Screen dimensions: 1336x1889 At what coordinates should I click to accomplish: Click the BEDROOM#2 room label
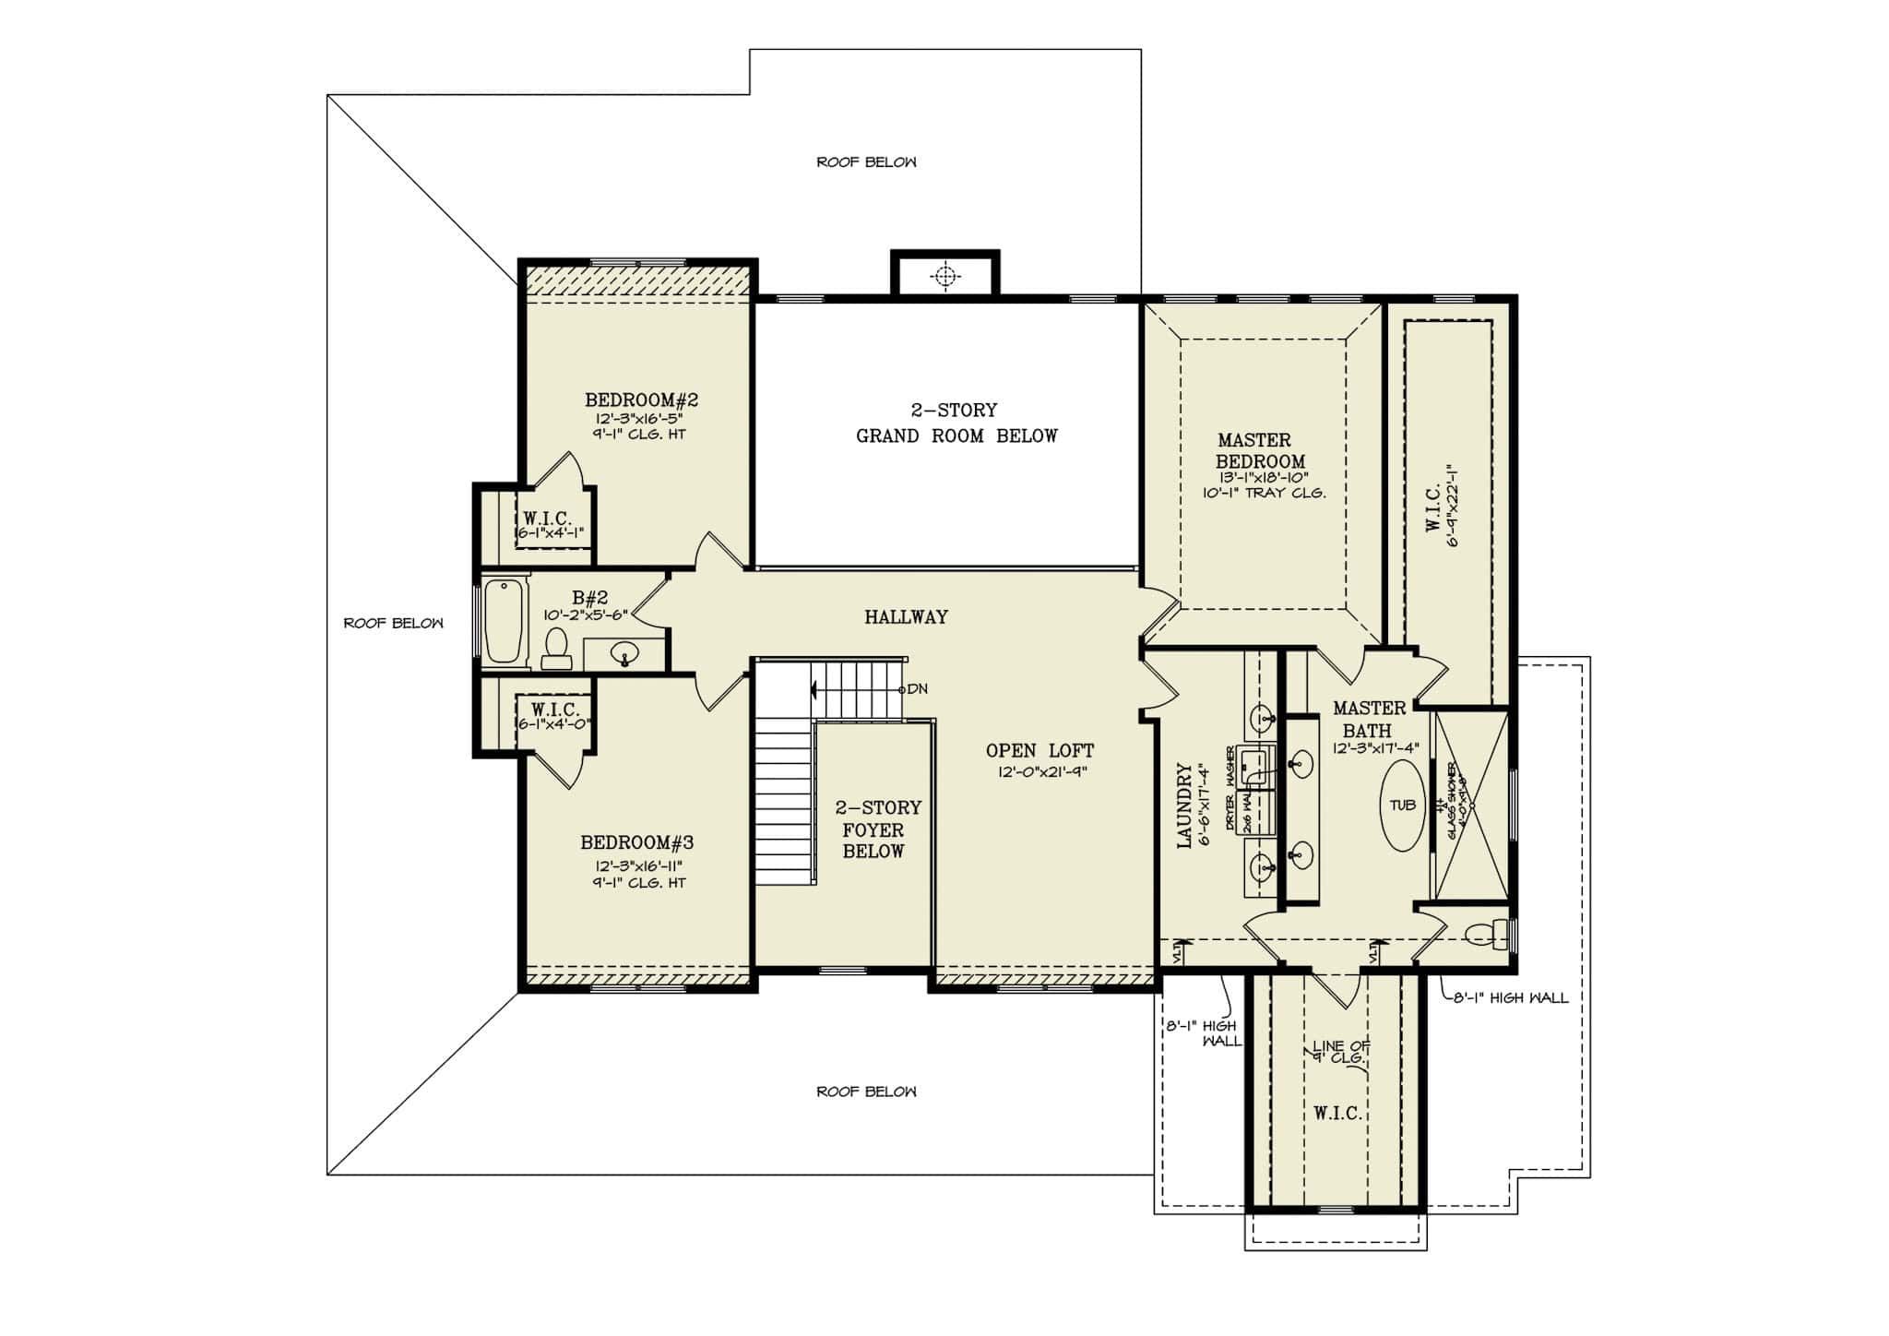(641, 400)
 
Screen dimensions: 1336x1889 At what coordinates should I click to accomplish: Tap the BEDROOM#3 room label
(636, 842)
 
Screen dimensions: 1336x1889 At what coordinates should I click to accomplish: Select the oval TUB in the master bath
(1402, 805)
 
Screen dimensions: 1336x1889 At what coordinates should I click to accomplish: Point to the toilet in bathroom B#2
(556, 649)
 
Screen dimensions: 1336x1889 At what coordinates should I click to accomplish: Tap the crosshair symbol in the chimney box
(944, 275)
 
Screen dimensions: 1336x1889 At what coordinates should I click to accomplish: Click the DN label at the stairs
(917, 689)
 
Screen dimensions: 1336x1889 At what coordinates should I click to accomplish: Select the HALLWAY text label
(906, 617)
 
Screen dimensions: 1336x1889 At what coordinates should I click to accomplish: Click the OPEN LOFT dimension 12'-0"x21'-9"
(1042, 772)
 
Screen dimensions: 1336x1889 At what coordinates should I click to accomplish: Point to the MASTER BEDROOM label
(1260, 451)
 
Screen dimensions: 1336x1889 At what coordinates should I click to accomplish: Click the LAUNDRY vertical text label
(1184, 805)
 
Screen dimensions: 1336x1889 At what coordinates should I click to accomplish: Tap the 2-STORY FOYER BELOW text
(877, 829)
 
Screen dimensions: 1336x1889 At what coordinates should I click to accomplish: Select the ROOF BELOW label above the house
(866, 162)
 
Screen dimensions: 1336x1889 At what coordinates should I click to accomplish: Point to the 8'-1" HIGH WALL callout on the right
(1510, 997)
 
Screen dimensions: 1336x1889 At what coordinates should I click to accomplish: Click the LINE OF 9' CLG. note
(1341, 1052)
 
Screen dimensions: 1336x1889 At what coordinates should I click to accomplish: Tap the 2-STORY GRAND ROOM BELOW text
(956, 423)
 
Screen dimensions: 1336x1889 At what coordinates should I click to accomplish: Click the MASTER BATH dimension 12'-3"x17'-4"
(1375, 748)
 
